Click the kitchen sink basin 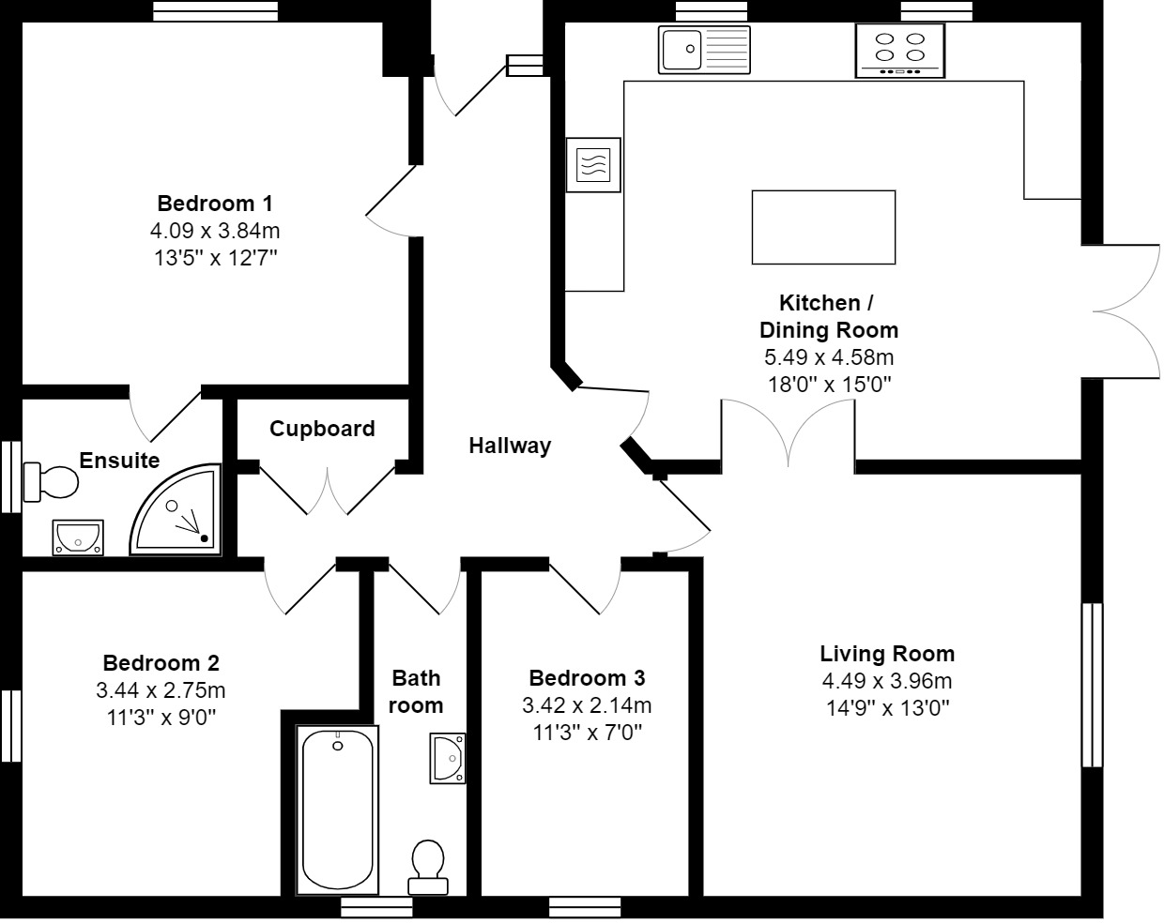click(682, 50)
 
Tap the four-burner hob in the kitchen click(900, 51)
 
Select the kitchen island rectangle click(823, 228)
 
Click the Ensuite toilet click(51, 481)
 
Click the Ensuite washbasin click(78, 537)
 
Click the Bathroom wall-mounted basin click(448, 758)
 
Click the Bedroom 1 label click(215, 204)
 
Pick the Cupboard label click(322, 429)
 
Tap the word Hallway click(510, 446)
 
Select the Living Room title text click(887, 654)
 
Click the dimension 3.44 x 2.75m click(161, 690)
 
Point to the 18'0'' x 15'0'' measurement click(829, 385)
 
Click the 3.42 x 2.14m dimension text click(587, 705)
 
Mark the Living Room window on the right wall click(1092, 685)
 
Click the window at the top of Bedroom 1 click(215, 11)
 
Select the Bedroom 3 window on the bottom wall click(585, 907)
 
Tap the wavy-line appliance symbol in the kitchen click(593, 165)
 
